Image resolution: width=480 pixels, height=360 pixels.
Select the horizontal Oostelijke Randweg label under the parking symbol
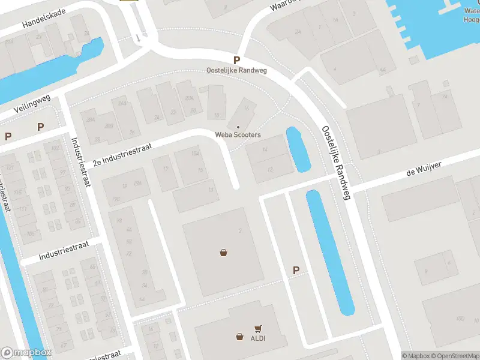236,70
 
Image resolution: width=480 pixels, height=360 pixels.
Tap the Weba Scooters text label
238,135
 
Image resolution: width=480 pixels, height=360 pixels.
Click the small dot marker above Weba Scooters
238,127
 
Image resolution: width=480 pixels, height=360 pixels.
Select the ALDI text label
258,338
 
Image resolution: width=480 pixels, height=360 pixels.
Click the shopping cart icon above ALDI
258,328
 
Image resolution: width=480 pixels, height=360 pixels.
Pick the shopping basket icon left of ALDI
240,337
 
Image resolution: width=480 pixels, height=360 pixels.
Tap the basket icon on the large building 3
224,253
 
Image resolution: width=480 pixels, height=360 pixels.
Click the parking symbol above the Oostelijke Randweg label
237,60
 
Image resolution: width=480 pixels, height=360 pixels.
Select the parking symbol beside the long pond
296,271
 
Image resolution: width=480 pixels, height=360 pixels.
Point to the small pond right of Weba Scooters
298,149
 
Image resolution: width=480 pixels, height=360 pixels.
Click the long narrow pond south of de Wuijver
330,252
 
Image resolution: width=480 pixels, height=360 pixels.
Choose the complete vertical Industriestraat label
80,162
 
